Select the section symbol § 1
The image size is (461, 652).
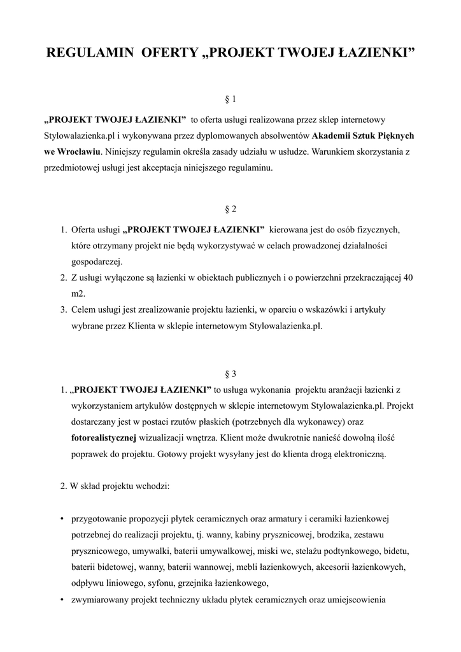coord(230,99)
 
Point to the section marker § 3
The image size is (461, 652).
coord(230,373)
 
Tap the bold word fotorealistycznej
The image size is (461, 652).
coord(104,438)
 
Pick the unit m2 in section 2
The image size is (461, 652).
coord(77,294)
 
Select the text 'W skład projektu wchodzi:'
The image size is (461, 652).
coord(115,487)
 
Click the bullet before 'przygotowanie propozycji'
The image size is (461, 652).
coord(61,518)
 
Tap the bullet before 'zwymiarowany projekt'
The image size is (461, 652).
coord(61,600)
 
